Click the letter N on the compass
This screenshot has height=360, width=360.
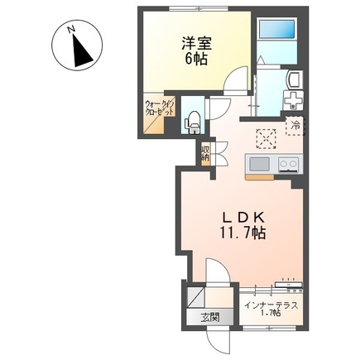click(71, 29)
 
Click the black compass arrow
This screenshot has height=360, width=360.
click(81, 50)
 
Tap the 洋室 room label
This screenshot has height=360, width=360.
click(196, 43)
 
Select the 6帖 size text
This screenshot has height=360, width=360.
click(196, 59)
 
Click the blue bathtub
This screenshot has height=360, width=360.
click(277, 29)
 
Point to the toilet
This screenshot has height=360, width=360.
click(194, 122)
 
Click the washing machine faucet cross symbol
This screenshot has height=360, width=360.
click(293, 99)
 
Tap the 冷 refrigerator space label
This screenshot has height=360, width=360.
click(295, 126)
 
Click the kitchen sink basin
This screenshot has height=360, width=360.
click(259, 164)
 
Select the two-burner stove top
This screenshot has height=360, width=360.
click(289, 165)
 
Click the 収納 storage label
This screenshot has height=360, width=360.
click(205, 154)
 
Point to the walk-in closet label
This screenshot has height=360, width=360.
click(160, 108)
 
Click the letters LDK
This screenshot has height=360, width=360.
click(243, 218)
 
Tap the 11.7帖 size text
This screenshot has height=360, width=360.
click(242, 234)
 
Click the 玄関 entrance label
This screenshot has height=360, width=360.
click(210, 318)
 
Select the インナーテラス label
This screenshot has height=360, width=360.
click(271, 305)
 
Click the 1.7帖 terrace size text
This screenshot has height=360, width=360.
click(271, 313)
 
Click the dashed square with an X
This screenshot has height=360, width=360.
click(266, 139)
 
